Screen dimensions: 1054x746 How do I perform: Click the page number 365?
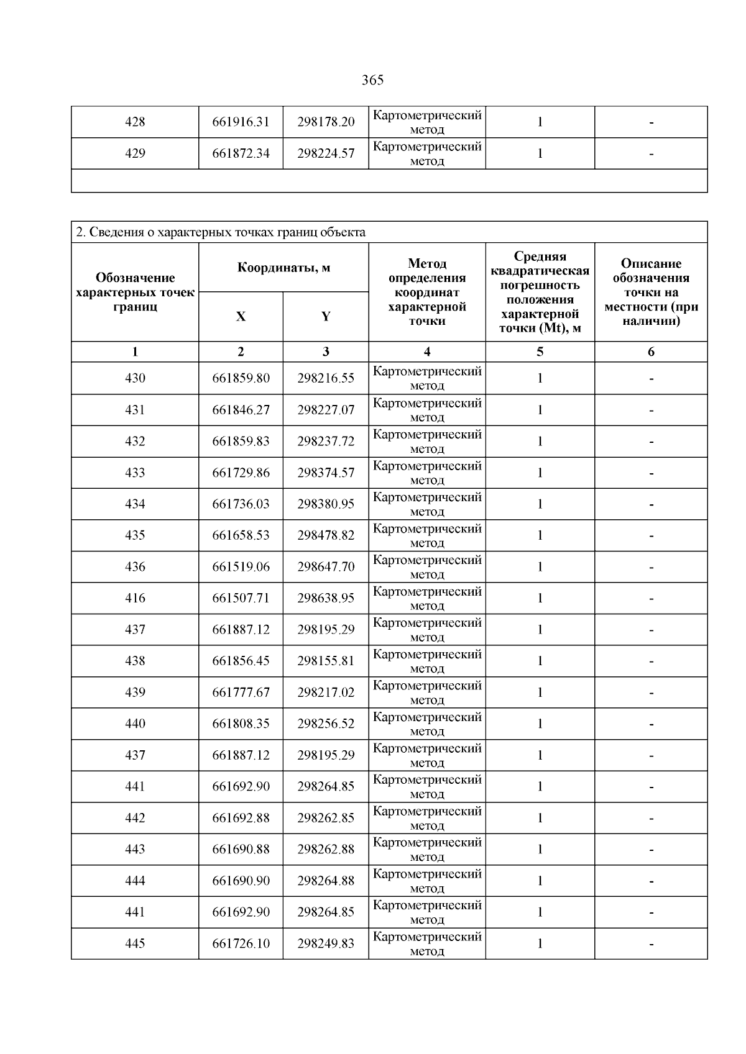(x=372, y=80)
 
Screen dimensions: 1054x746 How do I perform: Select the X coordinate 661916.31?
(x=241, y=122)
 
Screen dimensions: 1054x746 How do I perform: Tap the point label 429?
(x=135, y=153)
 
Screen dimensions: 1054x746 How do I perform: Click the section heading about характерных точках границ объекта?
(x=221, y=232)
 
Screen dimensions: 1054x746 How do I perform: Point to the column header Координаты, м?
(x=283, y=268)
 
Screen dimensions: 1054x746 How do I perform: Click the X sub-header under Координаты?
(x=241, y=317)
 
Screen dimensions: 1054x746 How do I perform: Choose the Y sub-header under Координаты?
(x=326, y=317)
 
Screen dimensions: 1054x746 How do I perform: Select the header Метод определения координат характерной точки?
(x=427, y=292)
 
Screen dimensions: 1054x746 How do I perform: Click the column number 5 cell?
(x=540, y=352)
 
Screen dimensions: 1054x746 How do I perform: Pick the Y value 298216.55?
(x=326, y=378)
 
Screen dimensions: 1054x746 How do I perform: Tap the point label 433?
(x=135, y=473)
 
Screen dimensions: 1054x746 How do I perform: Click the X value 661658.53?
(x=241, y=535)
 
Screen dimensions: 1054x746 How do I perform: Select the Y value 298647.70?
(x=326, y=567)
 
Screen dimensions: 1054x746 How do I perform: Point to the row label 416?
(x=135, y=598)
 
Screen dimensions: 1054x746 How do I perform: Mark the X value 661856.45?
(x=241, y=661)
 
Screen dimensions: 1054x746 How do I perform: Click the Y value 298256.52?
(x=326, y=724)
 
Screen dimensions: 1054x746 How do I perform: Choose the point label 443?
(x=135, y=849)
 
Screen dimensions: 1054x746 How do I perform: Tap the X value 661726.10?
(x=241, y=943)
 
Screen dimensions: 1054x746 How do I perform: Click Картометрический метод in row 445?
(x=427, y=943)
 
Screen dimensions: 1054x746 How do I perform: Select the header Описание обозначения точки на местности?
(x=651, y=292)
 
